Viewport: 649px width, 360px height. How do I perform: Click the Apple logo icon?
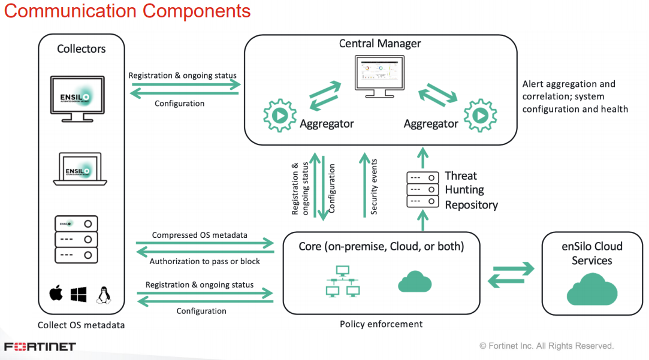(x=56, y=293)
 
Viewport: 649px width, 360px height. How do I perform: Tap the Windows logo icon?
(x=79, y=295)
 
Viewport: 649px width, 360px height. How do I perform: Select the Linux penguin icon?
(x=104, y=295)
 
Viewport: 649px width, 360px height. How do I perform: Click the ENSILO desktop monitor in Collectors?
(x=77, y=99)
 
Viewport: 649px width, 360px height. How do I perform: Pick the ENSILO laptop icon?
(x=80, y=169)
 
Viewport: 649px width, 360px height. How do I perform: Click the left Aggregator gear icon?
(x=280, y=116)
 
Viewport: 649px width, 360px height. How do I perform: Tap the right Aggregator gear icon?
(x=480, y=116)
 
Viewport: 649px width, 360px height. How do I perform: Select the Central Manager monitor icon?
(x=379, y=77)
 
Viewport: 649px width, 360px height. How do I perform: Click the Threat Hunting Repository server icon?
(x=422, y=189)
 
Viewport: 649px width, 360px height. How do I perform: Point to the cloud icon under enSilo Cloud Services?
(x=592, y=289)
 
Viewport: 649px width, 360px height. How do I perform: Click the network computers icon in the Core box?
(x=343, y=282)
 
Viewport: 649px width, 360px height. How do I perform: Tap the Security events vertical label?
(x=374, y=187)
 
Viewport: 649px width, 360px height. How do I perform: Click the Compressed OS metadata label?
(x=200, y=235)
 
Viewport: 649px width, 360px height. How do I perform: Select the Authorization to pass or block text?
(x=204, y=262)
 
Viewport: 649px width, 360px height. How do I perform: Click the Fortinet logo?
(x=40, y=346)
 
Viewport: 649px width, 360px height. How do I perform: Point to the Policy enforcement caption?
(x=381, y=324)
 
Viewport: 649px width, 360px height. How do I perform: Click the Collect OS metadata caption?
(x=81, y=325)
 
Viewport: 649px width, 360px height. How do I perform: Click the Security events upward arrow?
(x=364, y=185)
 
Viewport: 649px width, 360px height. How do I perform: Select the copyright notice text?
(x=547, y=346)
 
